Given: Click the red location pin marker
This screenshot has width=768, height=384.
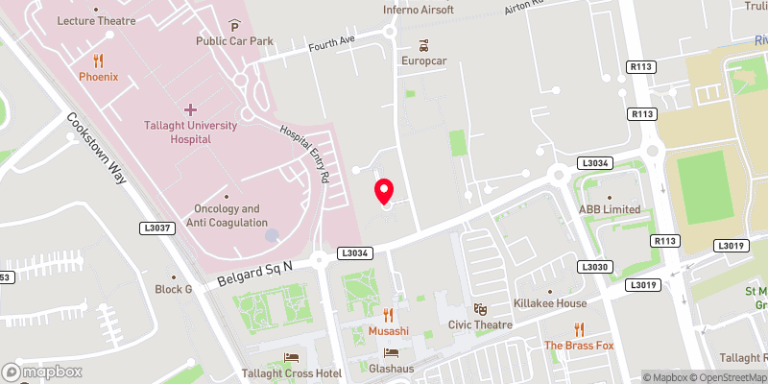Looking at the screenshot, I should pyautogui.click(x=384, y=191).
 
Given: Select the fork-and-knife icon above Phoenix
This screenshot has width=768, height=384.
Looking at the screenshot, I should pyautogui.click(x=98, y=60).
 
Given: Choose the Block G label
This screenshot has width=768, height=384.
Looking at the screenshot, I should pyautogui.click(x=174, y=289).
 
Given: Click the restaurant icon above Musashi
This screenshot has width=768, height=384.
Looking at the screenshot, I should pyautogui.click(x=389, y=314).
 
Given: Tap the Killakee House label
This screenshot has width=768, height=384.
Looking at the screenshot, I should pyautogui.click(x=550, y=303).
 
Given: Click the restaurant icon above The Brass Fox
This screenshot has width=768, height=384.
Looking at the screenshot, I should pyautogui.click(x=578, y=329).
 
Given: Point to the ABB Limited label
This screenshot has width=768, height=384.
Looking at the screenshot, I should pyautogui.click(x=609, y=209).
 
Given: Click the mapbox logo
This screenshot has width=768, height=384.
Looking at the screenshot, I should pyautogui.click(x=42, y=372).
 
